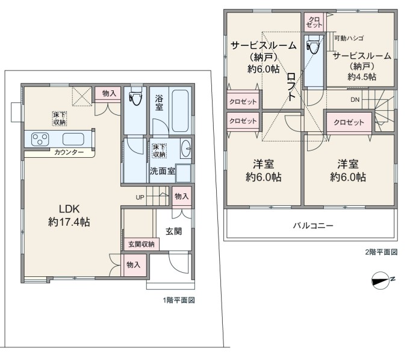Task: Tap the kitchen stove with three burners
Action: pyautogui.click(x=40, y=139)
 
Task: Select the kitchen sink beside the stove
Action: pyautogui.click(x=73, y=139)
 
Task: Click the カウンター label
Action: pyautogui.click(x=69, y=152)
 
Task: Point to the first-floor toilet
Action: pyautogui.click(x=135, y=96)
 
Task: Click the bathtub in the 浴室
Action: pyautogui.click(x=180, y=111)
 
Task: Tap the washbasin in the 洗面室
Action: pyautogui.click(x=186, y=149)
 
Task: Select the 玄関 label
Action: pyautogui.click(x=173, y=231)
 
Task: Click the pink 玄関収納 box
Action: pyautogui.click(x=141, y=244)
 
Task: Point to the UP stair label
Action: pyautogui.click(x=140, y=197)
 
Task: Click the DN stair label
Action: pyautogui.click(x=355, y=100)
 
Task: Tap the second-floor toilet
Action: pyautogui.click(x=313, y=45)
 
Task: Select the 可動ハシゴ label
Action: pyautogui.click(x=349, y=39)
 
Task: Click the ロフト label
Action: pyautogui.click(x=291, y=87)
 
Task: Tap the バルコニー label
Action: pyautogui.click(x=313, y=226)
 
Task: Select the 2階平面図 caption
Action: pyautogui.click(x=381, y=252)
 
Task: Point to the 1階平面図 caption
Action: pyautogui.click(x=179, y=300)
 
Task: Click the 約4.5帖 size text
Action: pyautogui.click(x=362, y=76)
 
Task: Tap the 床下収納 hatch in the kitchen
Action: pyautogui.click(x=60, y=119)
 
